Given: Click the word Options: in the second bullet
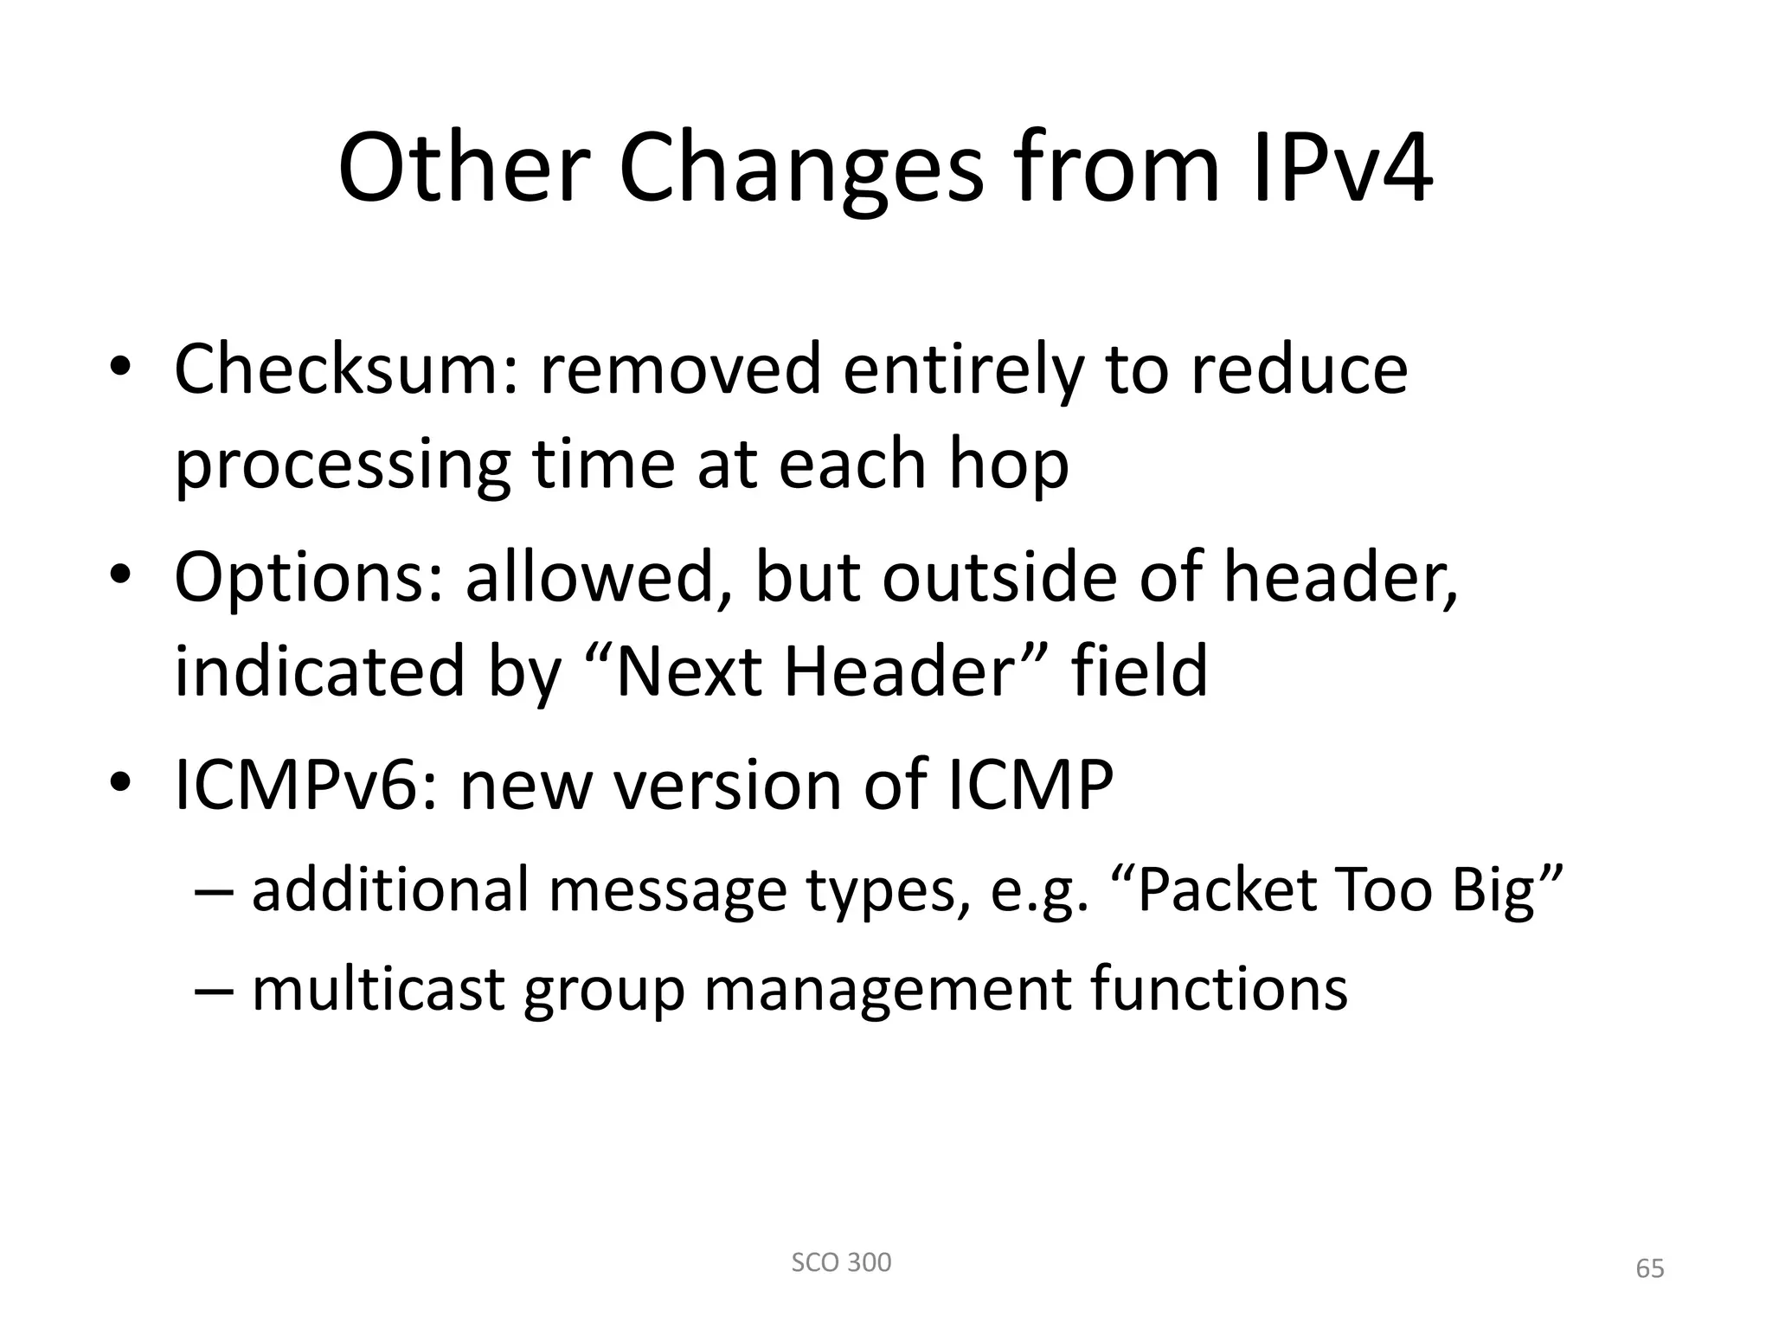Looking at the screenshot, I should [x=308, y=577].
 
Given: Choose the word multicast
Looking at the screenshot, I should [x=378, y=988].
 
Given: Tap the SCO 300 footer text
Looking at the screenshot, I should [x=841, y=1262].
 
